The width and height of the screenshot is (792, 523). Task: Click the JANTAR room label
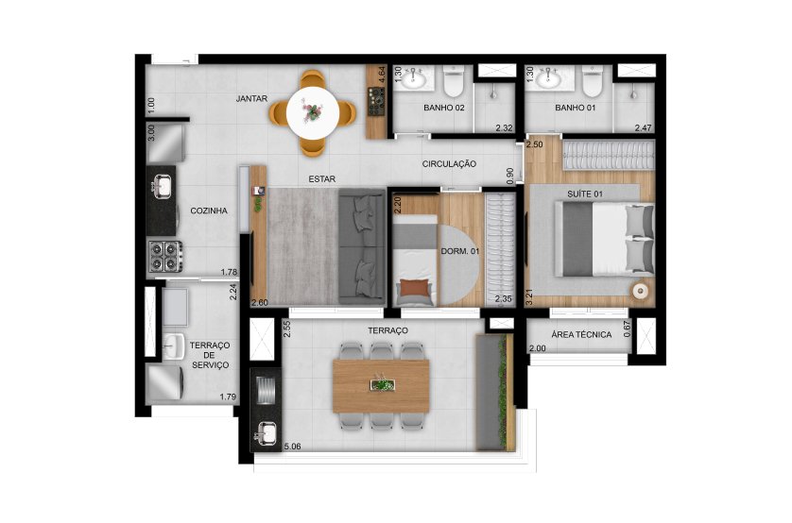253,98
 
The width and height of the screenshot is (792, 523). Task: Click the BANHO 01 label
573,108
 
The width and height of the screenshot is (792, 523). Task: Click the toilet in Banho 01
593,85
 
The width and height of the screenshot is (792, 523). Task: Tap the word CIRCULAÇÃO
449,164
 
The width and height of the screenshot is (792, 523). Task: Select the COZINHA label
208,211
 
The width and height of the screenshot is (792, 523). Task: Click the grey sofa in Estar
360,245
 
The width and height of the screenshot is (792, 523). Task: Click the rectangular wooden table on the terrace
384,386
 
